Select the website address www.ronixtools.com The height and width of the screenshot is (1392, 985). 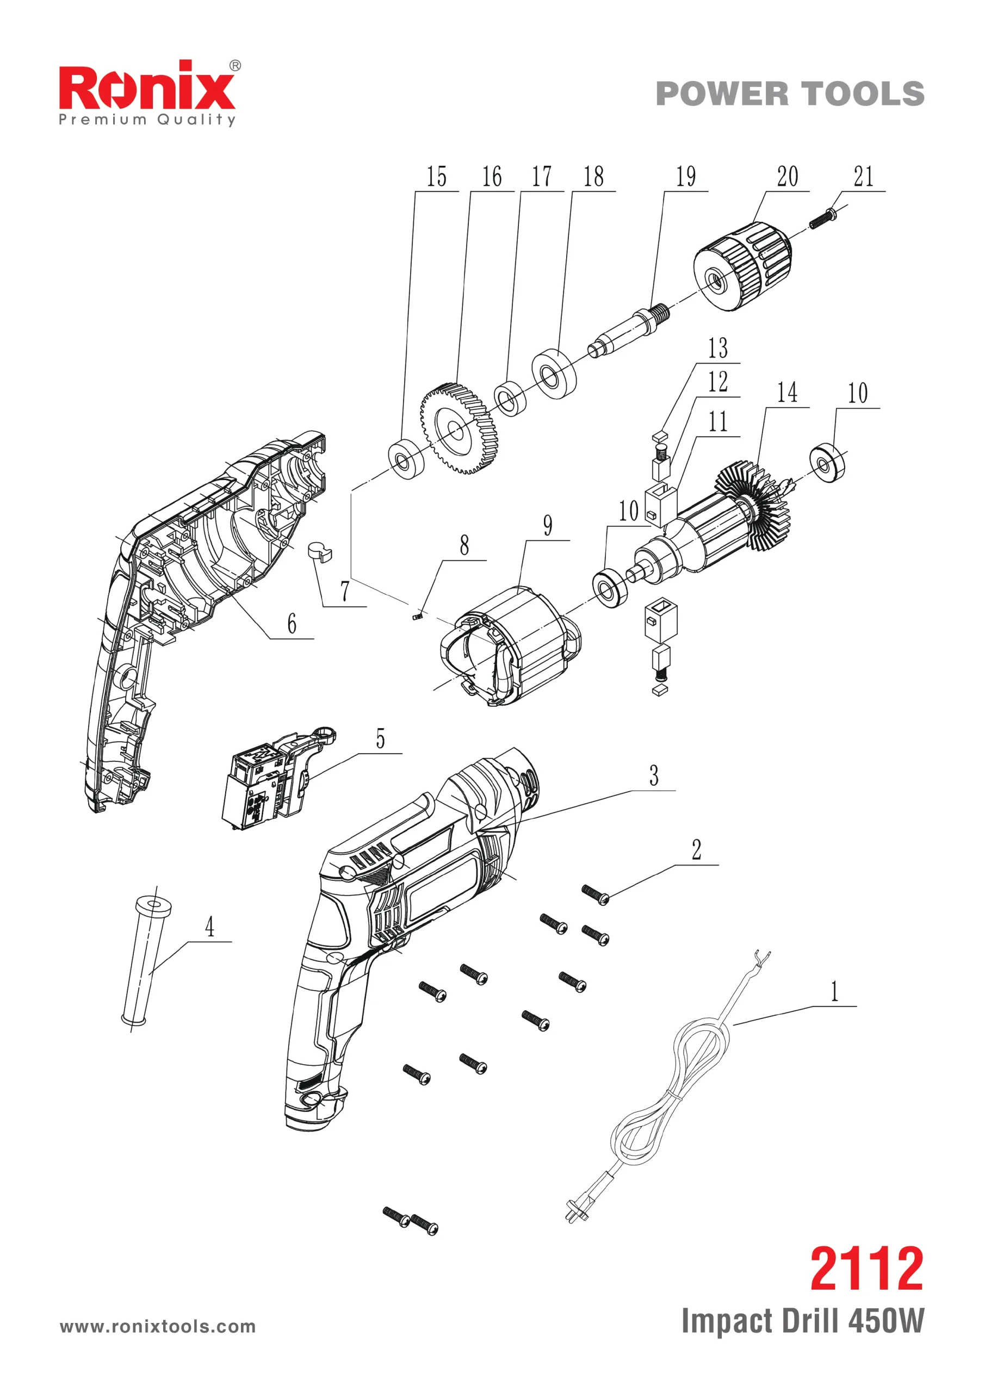point(158,1327)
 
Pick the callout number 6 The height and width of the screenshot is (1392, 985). point(292,624)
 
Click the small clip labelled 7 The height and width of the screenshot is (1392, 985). point(320,552)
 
